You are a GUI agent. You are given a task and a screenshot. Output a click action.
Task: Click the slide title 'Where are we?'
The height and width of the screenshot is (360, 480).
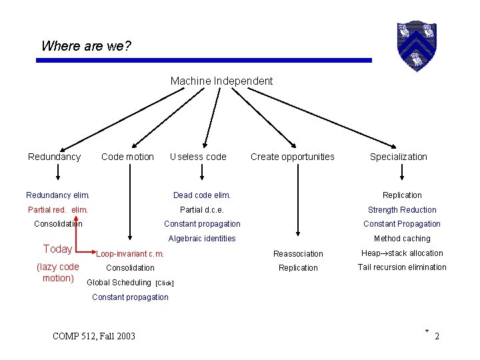click(86, 46)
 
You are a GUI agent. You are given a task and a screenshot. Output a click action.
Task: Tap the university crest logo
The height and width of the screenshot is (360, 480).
click(416, 45)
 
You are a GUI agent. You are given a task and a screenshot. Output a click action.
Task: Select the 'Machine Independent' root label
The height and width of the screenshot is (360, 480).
click(221, 81)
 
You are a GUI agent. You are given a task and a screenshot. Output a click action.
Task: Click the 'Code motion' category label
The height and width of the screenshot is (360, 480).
click(127, 157)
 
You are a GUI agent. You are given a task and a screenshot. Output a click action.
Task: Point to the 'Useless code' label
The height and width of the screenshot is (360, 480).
click(198, 157)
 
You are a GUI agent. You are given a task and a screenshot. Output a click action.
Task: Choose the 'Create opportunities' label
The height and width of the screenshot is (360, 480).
click(293, 157)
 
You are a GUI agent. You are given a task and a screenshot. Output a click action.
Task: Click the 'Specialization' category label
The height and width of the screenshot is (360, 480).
click(399, 157)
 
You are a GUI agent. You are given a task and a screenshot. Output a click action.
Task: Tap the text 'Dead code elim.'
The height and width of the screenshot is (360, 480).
click(202, 195)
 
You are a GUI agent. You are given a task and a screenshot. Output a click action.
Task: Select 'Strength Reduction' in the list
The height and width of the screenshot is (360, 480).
click(402, 210)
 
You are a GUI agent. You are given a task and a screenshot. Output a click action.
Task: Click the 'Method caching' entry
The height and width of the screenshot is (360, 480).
click(402, 239)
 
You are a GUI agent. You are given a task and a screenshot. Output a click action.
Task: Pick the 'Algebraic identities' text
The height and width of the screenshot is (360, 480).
click(202, 239)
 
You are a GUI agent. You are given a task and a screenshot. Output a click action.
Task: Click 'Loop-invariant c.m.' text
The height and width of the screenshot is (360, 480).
click(130, 254)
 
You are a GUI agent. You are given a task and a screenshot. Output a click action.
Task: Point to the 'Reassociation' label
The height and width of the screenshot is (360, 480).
click(298, 254)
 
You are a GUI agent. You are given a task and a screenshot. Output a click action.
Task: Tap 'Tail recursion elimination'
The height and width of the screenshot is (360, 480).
click(402, 267)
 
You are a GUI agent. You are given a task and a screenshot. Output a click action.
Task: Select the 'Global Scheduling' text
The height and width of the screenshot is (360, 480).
click(119, 283)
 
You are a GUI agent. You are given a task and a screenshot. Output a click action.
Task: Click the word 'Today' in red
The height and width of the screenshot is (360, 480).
click(57, 249)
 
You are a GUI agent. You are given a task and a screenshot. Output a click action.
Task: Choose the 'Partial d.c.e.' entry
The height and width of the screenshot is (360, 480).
click(202, 210)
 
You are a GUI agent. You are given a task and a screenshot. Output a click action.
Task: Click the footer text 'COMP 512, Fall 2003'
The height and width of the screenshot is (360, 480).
click(94, 336)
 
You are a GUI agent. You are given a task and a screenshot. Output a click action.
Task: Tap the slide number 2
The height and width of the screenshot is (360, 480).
click(437, 337)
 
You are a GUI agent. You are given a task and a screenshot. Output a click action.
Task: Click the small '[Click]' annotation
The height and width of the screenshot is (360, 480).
click(164, 283)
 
